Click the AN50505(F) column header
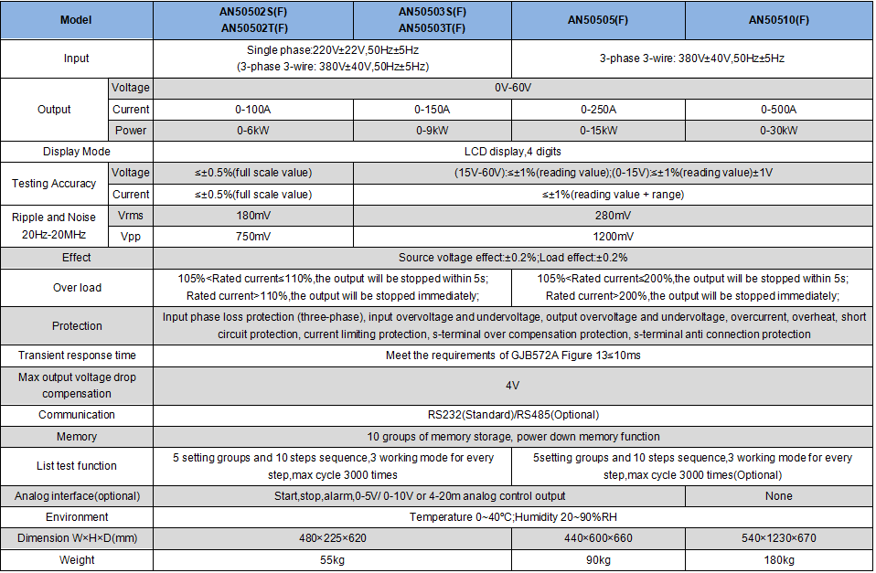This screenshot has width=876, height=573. pos(598,20)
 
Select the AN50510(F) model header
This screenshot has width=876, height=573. pos(778,20)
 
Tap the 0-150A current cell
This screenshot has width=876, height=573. pos(432,110)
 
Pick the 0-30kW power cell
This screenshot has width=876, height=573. pos(778,131)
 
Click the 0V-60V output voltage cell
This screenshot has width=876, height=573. pos(512,89)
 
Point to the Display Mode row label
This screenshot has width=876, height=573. pos(77,152)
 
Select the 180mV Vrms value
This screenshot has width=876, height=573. pos(253,216)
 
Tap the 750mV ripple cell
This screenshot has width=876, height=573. pos(253,237)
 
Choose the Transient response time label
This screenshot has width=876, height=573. pos(77,355)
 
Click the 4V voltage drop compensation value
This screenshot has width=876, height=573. pos(512,385)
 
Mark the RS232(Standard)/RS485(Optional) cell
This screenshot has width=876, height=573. pos(512,415)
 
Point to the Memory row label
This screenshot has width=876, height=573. pos(77,437)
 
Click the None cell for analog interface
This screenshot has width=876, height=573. pos(778,496)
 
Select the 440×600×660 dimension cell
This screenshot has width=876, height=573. pos(598,538)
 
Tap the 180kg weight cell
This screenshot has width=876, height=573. pos(778,559)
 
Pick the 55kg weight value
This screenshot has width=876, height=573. pos(332,559)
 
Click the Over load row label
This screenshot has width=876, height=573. pos(77,288)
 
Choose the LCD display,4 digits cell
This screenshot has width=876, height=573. pos(512,152)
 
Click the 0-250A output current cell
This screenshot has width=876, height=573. pos(598,110)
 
